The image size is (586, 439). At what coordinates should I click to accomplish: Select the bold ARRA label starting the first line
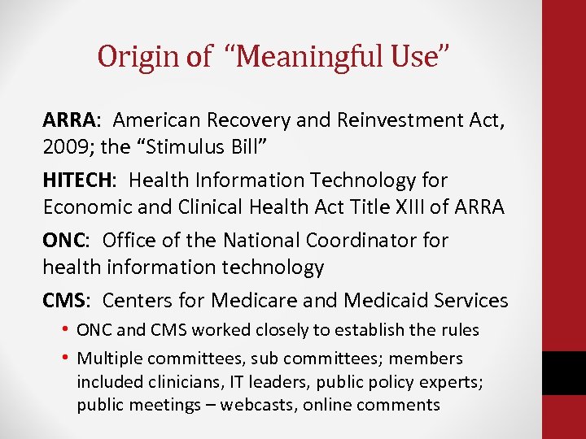coord(68,121)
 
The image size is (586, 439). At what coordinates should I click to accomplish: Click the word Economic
coord(85,207)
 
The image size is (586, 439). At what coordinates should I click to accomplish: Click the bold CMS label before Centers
coord(64,301)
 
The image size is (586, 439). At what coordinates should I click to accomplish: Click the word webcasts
coord(253,405)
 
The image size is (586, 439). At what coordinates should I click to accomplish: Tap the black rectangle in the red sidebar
coord(563,372)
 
